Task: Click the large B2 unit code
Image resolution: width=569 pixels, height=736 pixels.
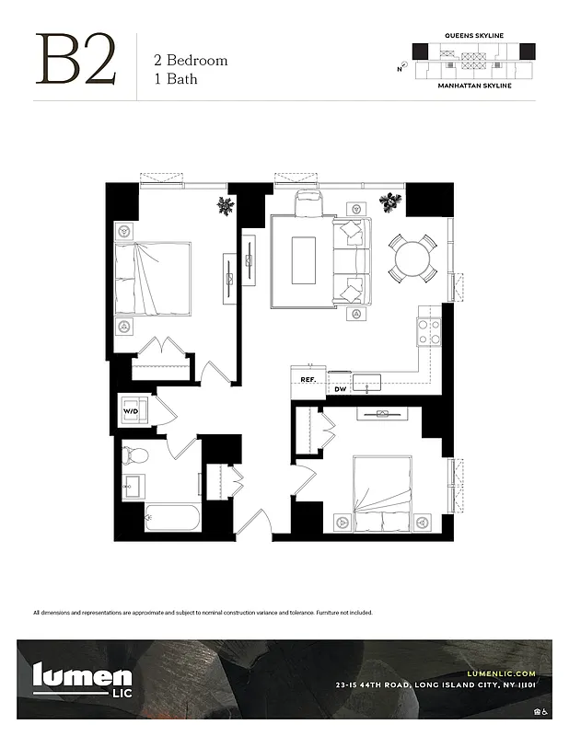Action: pyautogui.click(x=76, y=60)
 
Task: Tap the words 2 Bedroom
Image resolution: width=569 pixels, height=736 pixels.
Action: pyautogui.click(x=190, y=61)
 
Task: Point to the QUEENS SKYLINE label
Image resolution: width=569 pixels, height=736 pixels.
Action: pyautogui.click(x=473, y=35)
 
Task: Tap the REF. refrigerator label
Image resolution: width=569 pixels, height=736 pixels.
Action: pyautogui.click(x=308, y=379)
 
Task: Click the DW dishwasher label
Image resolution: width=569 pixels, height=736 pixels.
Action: pyautogui.click(x=340, y=389)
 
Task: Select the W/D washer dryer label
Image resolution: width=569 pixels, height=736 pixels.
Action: pyautogui.click(x=131, y=411)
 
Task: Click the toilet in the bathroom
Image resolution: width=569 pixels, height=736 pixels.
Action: pyautogui.click(x=135, y=454)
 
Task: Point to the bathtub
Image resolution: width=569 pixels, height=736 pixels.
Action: pyautogui.click(x=172, y=518)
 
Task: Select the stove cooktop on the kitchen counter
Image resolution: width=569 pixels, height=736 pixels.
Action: pyautogui.click(x=429, y=330)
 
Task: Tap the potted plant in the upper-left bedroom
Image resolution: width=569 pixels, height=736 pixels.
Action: pyautogui.click(x=226, y=205)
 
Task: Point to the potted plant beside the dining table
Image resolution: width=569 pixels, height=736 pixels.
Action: pyautogui.click(x=392, y=201)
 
